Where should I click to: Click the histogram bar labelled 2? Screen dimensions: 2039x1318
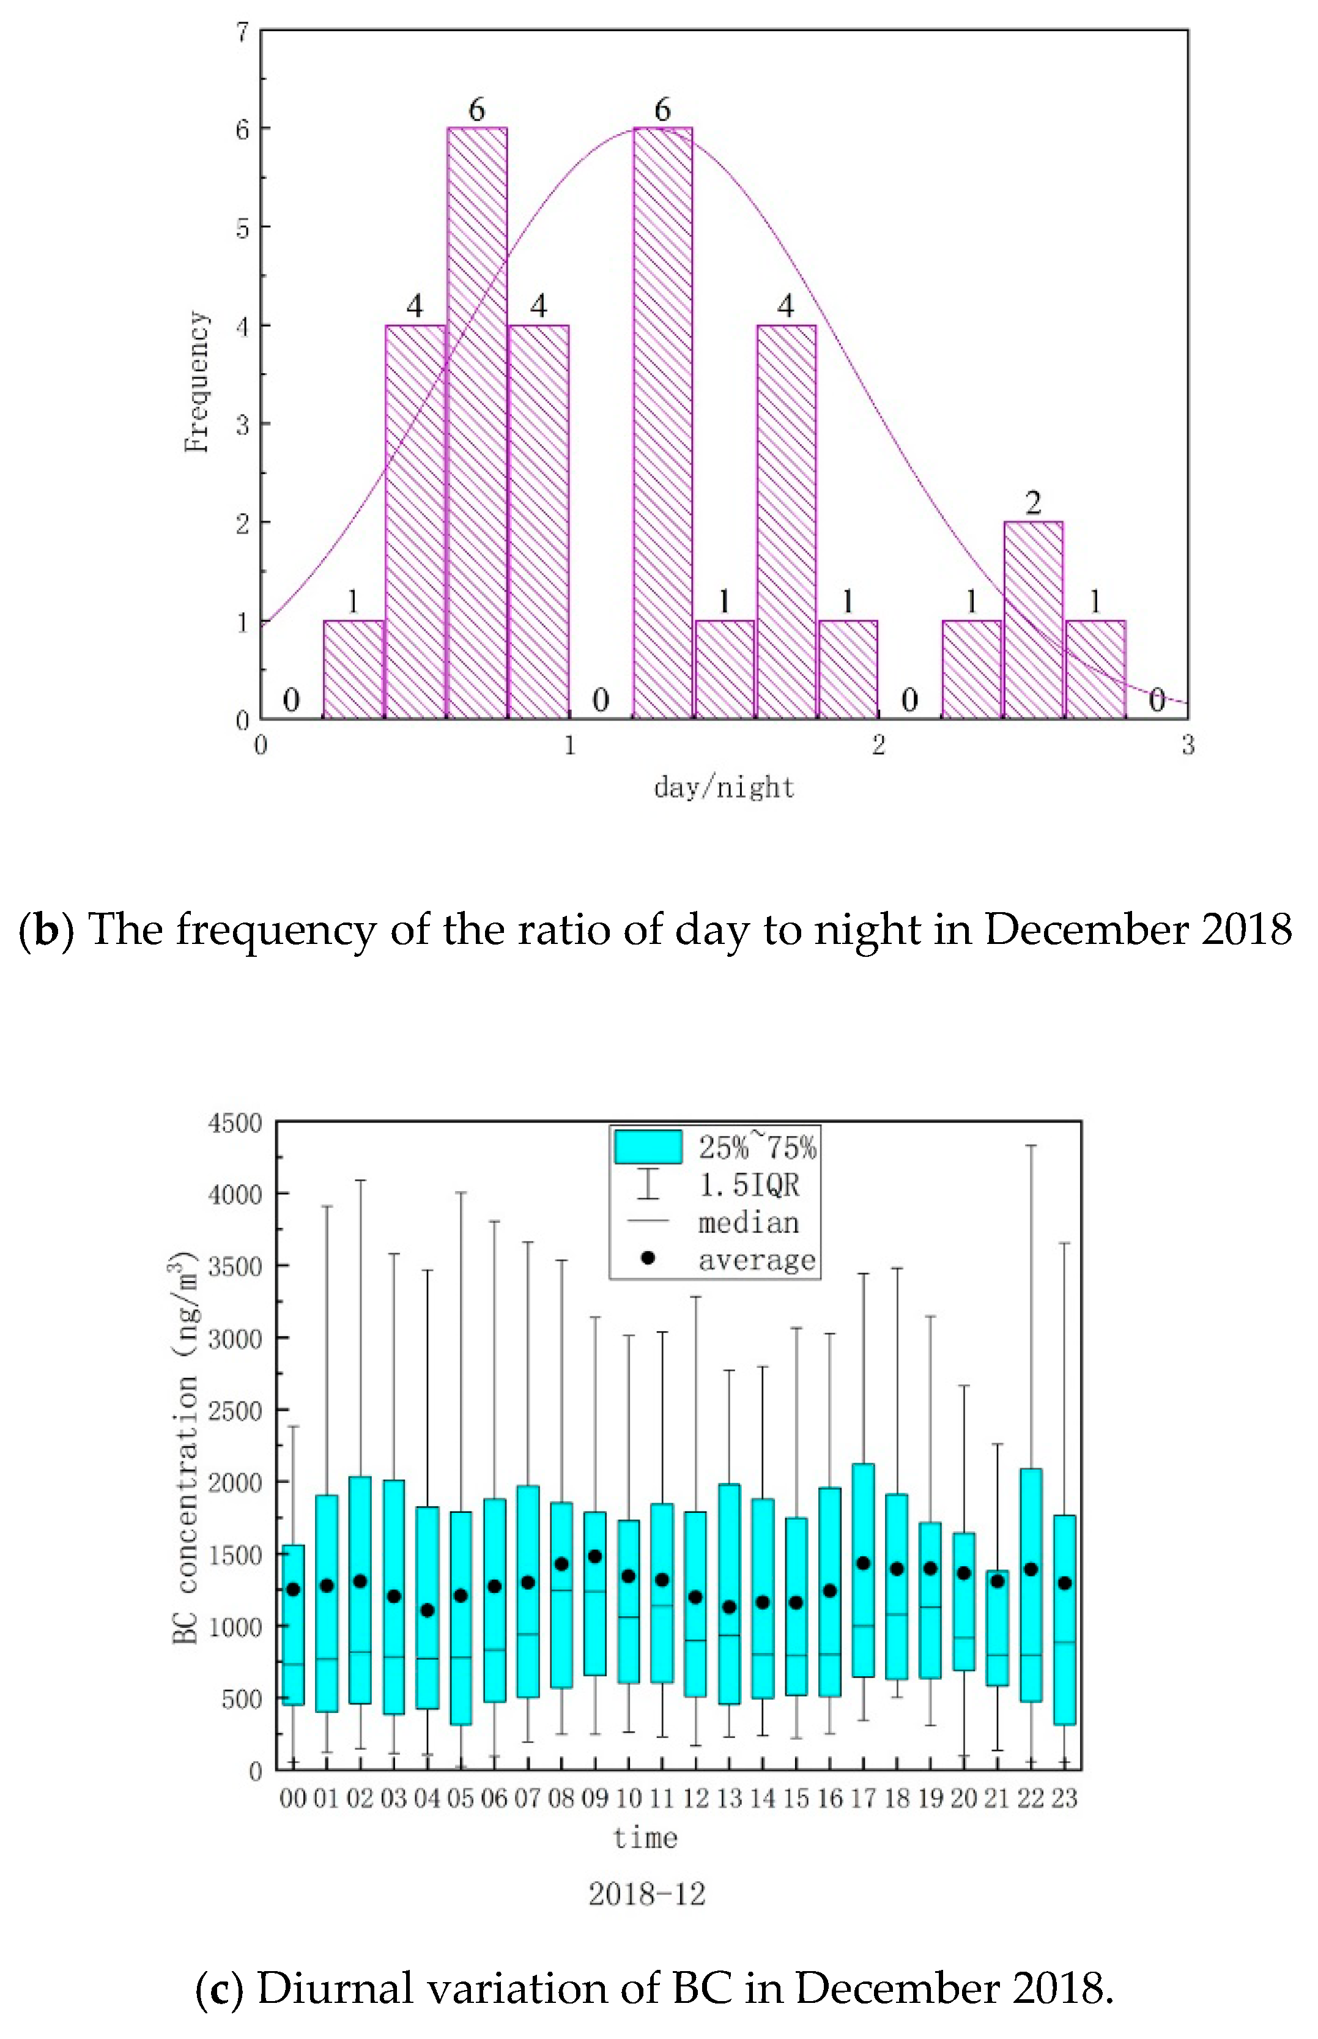(x=1033, y=620)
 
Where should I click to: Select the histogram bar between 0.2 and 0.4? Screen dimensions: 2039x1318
(x=354, y=669)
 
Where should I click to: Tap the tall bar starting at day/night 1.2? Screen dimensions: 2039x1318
(x=662, y=423)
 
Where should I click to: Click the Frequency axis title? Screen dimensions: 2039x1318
(x=197, y=382)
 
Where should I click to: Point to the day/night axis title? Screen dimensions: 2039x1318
(x=724, y=787)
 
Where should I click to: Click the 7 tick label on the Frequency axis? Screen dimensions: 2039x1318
(x=243, y=32)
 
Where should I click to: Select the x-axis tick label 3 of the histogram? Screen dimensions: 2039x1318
(x=1188, y=746)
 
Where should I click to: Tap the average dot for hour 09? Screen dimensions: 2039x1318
(x=595, y=1556)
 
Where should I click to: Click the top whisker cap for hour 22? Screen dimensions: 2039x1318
(x=1031, y=1145)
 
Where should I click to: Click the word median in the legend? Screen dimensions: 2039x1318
(x=749, y=1222)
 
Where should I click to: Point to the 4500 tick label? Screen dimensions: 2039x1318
(x=234, y=1123)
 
